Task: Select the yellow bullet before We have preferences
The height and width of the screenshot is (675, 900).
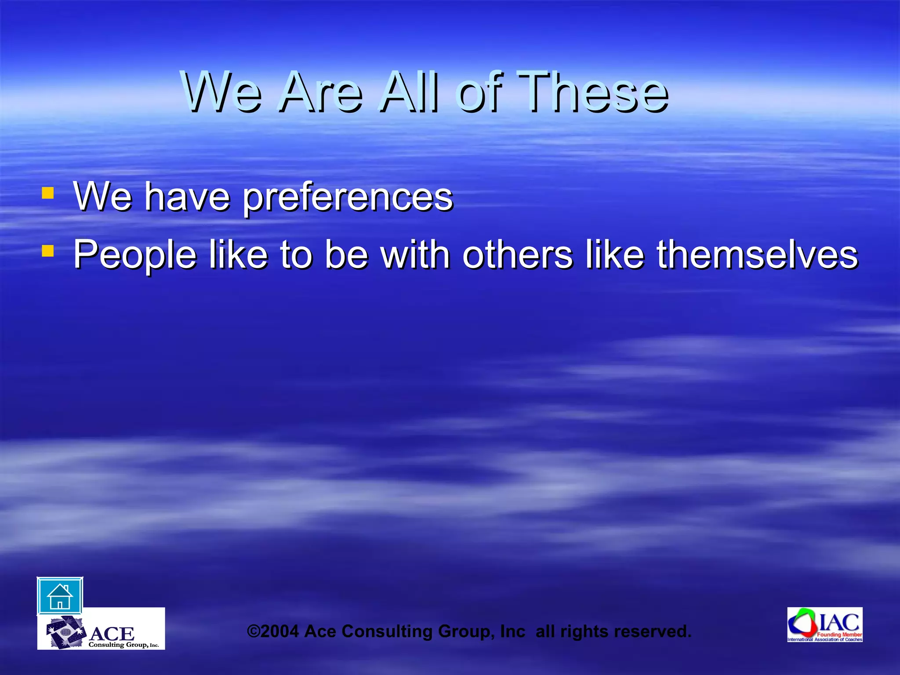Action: [x=47, y=193]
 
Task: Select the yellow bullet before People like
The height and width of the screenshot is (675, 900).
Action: [x=47, y=251]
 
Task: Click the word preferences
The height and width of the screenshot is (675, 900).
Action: [x=348, y=197]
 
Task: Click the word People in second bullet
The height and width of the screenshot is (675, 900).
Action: [x=134, y=255]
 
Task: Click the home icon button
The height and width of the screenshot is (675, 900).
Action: [x=60, y=596]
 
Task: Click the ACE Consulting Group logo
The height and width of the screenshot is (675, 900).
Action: [x=101, y=629]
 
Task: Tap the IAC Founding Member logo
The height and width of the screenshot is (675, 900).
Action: [x=824, y=625]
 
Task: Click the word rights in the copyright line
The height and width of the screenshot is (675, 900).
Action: [x=584, y=631]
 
